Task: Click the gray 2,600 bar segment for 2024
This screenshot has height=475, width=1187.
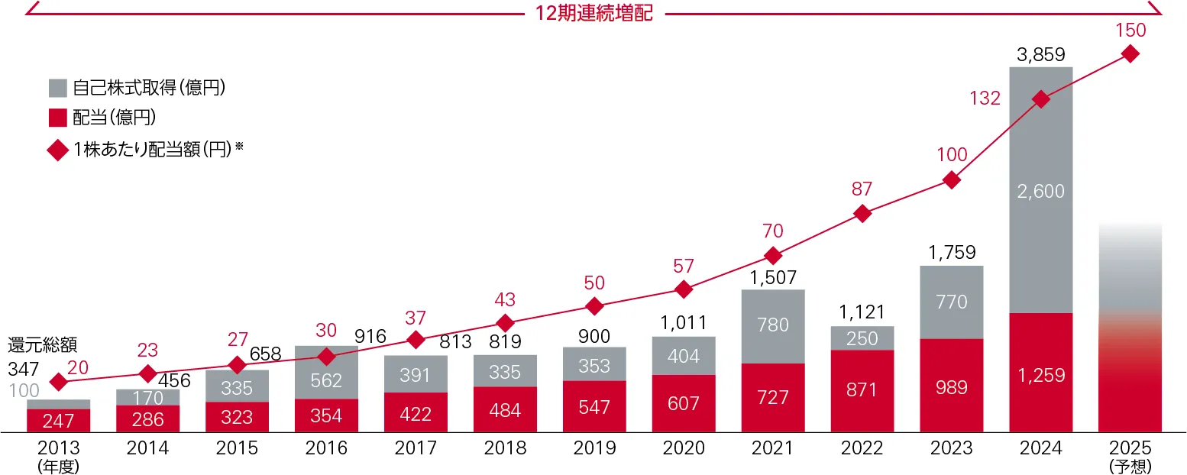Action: [1040, 191]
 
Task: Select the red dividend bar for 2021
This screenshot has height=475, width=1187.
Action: [773, 398]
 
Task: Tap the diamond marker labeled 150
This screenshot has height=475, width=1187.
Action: [1130, 53]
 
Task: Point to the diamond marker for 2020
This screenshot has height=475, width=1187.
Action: [684, 289]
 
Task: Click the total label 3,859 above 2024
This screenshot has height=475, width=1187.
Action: [1040, 55]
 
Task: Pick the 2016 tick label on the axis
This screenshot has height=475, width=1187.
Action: [327, 448]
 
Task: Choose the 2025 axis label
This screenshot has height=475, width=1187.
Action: [1130, 448]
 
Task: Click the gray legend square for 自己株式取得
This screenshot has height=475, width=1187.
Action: [58, 88]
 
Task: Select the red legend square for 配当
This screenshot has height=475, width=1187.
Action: [58, 118]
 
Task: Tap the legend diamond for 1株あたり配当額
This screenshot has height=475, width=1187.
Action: [58, 150]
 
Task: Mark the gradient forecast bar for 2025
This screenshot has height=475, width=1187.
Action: [1130, 328]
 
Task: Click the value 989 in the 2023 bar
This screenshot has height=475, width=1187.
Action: [951, 386]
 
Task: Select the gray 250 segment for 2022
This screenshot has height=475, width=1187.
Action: [862, 338]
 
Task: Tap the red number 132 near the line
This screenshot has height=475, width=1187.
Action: [985, 99]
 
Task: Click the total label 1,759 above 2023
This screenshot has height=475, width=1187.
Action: [951, 253]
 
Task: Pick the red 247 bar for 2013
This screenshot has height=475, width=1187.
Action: [58, 420]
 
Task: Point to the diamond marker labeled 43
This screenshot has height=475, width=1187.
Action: [505, 322]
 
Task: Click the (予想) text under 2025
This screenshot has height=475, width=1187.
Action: [1130, 465]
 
